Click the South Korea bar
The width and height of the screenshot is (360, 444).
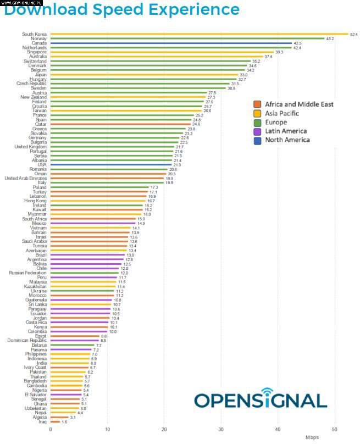click(x=198, y=34)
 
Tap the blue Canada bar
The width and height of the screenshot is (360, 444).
click(x=170, y=43)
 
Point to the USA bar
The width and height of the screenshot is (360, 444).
click(x=110, y=165)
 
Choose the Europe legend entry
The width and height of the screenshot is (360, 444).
click(x=276, y=122)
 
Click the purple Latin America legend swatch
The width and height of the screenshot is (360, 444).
click(x=257, y=131)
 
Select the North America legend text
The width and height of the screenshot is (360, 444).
click(x=287, y=140)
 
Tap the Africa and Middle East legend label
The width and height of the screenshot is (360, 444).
click(x=299, y=104)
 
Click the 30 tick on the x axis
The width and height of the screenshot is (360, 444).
click(x=220, y=429)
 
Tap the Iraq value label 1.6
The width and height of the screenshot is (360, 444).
click(x=64, y=422)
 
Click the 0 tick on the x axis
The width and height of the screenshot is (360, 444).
click(x=50, y=429)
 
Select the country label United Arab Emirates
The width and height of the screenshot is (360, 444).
click(x=25, y=178)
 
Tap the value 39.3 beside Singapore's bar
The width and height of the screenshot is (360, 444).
click(x=279, y=52)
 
